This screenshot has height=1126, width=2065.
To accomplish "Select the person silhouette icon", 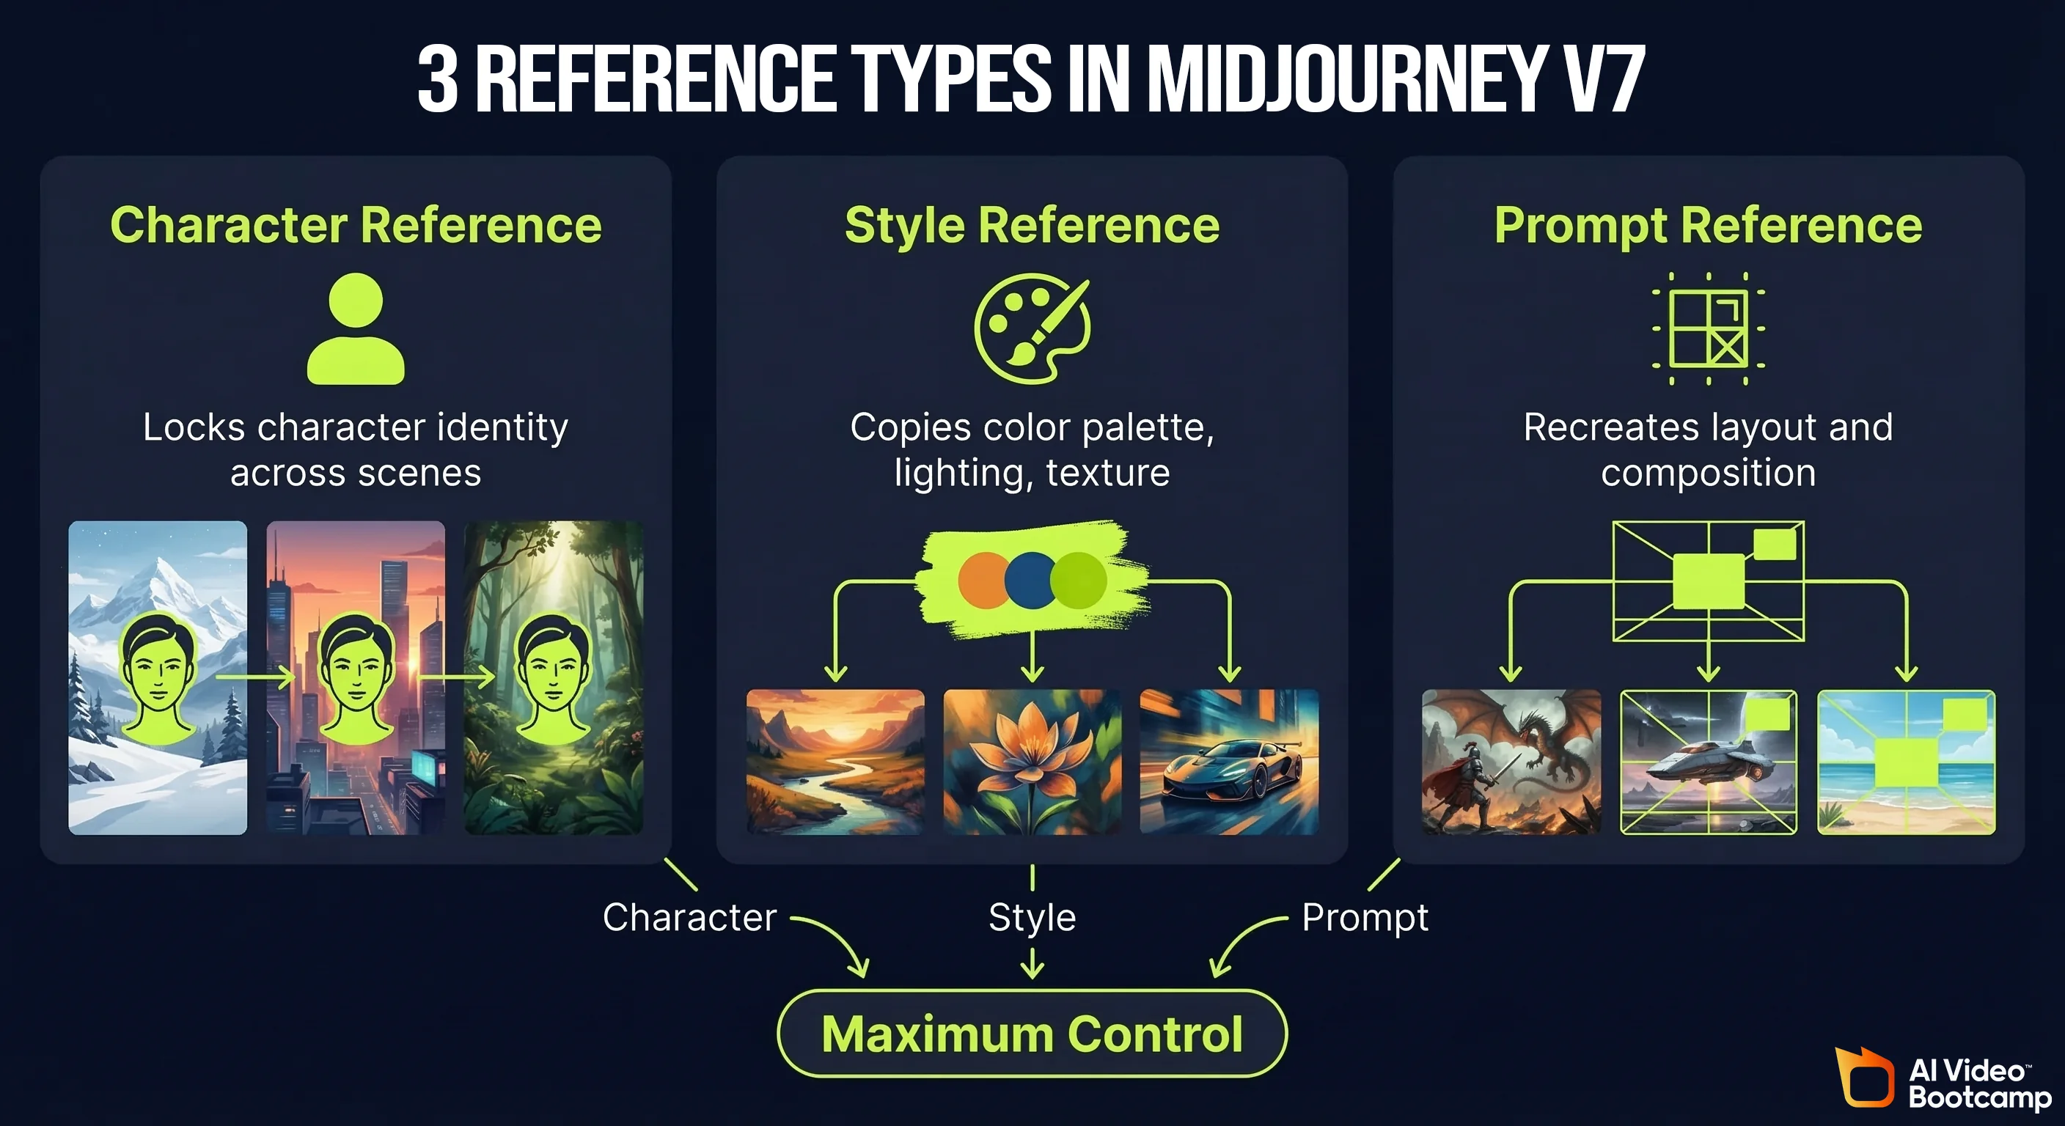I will (x=356, y=328).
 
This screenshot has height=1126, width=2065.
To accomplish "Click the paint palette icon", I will (x=1032, y=328).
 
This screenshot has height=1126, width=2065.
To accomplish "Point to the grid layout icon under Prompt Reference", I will (x=1709, y=328).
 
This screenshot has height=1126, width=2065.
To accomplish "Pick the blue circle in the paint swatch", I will (x=1030, y=581).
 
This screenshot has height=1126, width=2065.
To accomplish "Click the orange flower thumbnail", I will (x=1032, y=762).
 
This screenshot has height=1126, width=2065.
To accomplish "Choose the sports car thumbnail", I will (x=1229, y=762).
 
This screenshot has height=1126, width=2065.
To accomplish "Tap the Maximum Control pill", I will (x=1032, y=1034).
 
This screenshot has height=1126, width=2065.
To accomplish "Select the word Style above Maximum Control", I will (x=1032, y=918).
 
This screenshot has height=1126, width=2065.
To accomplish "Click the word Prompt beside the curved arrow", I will (x=1365, y=918).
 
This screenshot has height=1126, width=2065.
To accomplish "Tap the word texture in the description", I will (x=1108, y=473).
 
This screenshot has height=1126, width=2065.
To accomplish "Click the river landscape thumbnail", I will (x=835, y=762).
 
